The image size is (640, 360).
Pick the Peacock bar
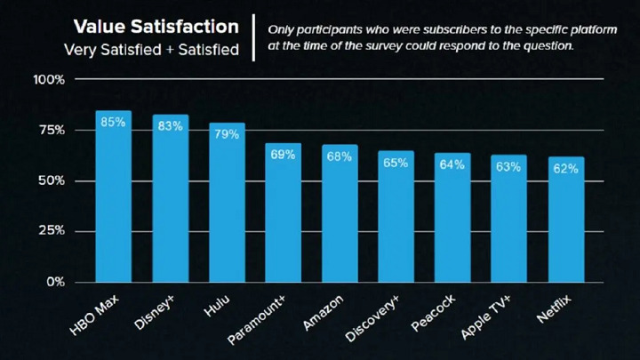pos(452,217)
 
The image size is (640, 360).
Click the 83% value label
pos(170,126)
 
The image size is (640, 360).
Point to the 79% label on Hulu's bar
pos(227,134)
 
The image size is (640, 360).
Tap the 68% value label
pos(340,156)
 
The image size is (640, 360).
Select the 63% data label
pos(509,166)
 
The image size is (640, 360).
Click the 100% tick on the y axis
pos(49,80)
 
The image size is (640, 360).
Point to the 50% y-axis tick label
pos(52,180)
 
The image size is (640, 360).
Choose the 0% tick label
pos(55,282)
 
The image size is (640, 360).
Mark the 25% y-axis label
pos(52,231)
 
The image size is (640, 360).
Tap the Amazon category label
pos(322,312)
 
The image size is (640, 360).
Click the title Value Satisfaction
pos(156,27)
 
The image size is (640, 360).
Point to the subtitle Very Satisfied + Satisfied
pos(152,50)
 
